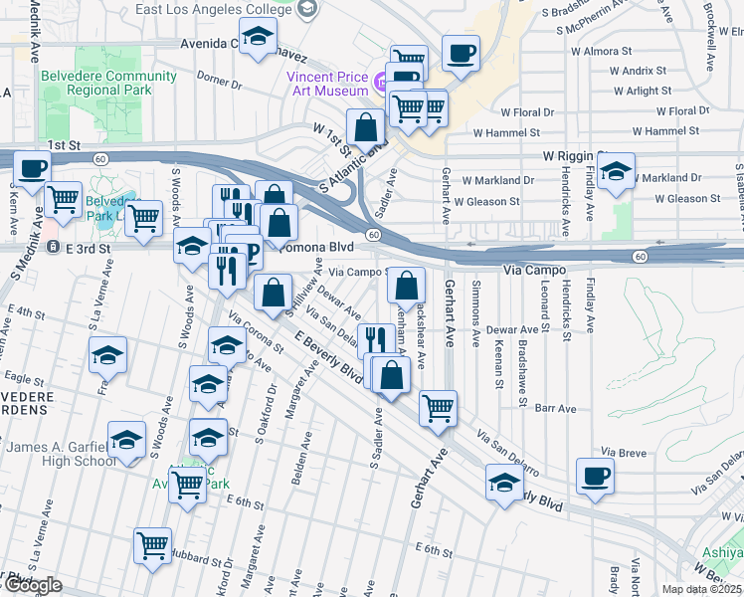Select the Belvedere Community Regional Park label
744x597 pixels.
coord(95,83)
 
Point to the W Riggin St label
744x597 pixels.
coord(575,156)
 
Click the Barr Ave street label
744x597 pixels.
coord(555,408)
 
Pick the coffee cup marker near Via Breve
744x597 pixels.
coord(596,476)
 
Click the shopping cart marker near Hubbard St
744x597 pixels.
coord(151,543)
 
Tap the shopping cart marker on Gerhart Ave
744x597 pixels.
coord(437,406)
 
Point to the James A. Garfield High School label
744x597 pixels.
coord(62,454)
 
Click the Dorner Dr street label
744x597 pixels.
coord(220,76)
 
